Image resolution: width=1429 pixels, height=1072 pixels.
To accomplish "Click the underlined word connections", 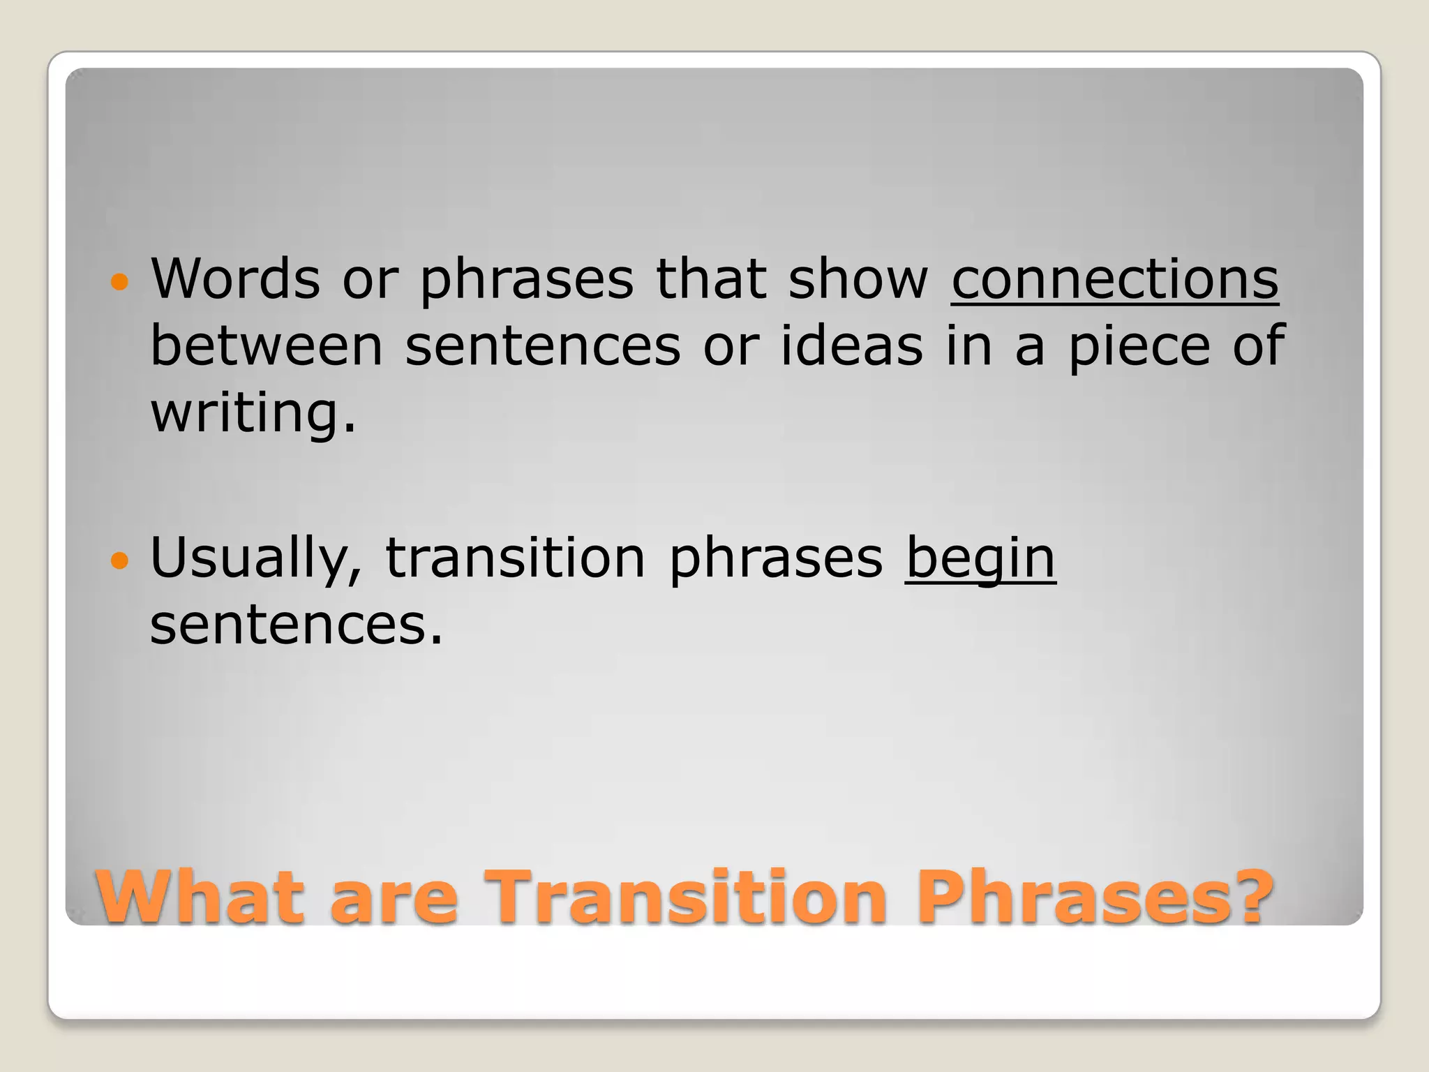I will click(1114, 279).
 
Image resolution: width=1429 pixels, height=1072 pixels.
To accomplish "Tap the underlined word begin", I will click(980, 558).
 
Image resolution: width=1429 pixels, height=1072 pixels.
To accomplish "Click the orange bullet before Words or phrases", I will click(120, 282).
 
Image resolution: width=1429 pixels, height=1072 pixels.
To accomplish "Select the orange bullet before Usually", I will click(120, 560).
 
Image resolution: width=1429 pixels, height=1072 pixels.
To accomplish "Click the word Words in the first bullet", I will click(235, 279).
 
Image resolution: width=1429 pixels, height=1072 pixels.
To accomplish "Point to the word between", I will click(267, 346).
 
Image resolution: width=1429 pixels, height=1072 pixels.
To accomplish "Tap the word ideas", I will click(851, 346).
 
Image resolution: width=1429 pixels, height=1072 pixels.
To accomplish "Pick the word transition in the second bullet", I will click(515, 558).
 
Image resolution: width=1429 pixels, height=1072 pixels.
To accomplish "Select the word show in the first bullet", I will click(858, 279).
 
